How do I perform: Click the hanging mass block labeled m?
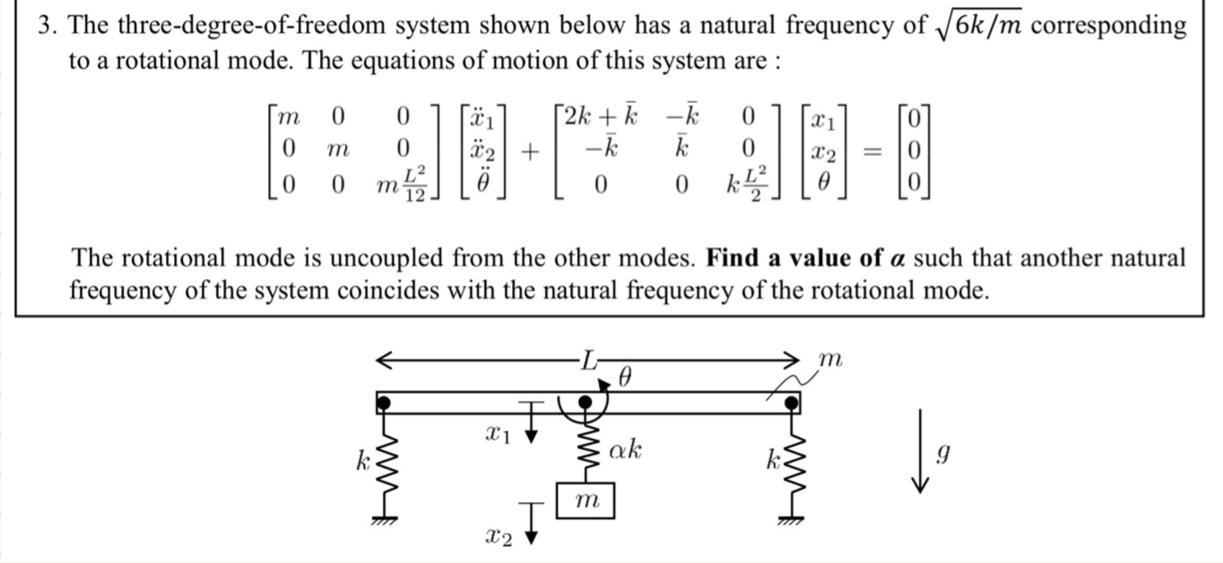coord(585,500)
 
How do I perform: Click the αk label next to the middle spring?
coord(625,449)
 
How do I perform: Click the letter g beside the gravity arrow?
coord(941,455)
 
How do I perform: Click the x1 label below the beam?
coord(498,434)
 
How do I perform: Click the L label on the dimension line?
coord(587,360)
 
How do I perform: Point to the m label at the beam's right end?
coord(830,359)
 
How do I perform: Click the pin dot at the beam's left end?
coord(384,403)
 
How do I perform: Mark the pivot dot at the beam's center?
coord(585,403)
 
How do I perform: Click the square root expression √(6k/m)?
coord(979,26)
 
